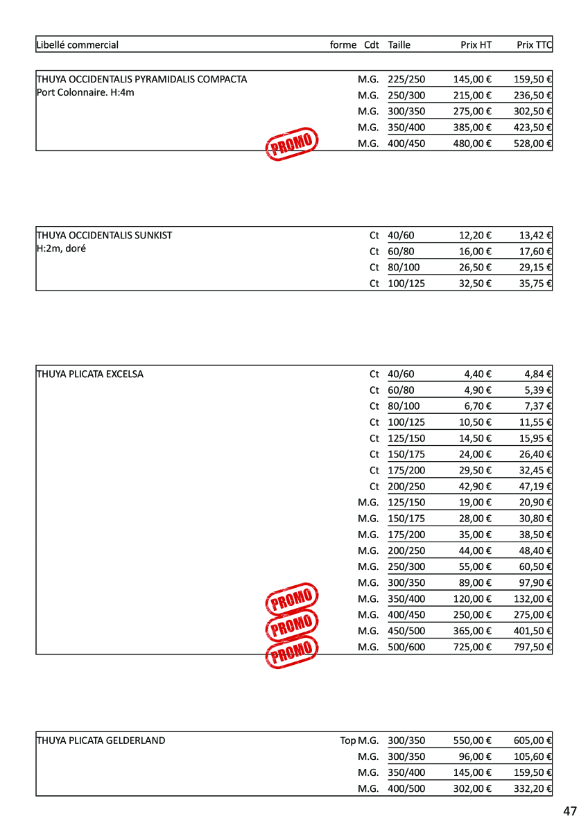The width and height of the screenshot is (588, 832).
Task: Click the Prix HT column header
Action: tap(476, 45)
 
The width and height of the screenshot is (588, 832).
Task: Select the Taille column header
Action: tap(399, 45)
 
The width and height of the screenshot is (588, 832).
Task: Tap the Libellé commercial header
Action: tap(78, 45)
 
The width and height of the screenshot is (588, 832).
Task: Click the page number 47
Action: tap(570, 811)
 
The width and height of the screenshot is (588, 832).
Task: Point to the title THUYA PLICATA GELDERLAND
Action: tap(101, 740)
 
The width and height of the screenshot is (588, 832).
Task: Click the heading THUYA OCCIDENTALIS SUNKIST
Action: tap(105, 235)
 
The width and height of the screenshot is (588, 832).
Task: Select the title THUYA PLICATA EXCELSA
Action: tap(90, 374)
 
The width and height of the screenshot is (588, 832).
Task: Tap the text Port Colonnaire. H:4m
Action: tap(85, 92)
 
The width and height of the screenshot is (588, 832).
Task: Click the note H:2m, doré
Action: tap(61, 248)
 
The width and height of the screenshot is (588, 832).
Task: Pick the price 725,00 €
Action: tap(472, 647)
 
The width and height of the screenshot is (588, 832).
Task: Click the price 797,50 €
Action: tap(533, 647)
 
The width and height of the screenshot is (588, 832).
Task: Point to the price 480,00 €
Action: tap(472, 144)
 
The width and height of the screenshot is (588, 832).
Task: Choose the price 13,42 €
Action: tap(535, 235)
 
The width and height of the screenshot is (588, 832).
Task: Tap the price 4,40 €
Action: tap(478, 374)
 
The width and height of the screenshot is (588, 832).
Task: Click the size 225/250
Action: tap(406, 79)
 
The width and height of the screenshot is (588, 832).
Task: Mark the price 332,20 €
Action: tap(533, 788)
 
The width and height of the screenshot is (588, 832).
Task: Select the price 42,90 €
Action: tap(475, 486)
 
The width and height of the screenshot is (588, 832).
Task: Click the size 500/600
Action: tap(406, 647)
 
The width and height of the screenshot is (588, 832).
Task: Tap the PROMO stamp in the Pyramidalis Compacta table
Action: tap(292, 144)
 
